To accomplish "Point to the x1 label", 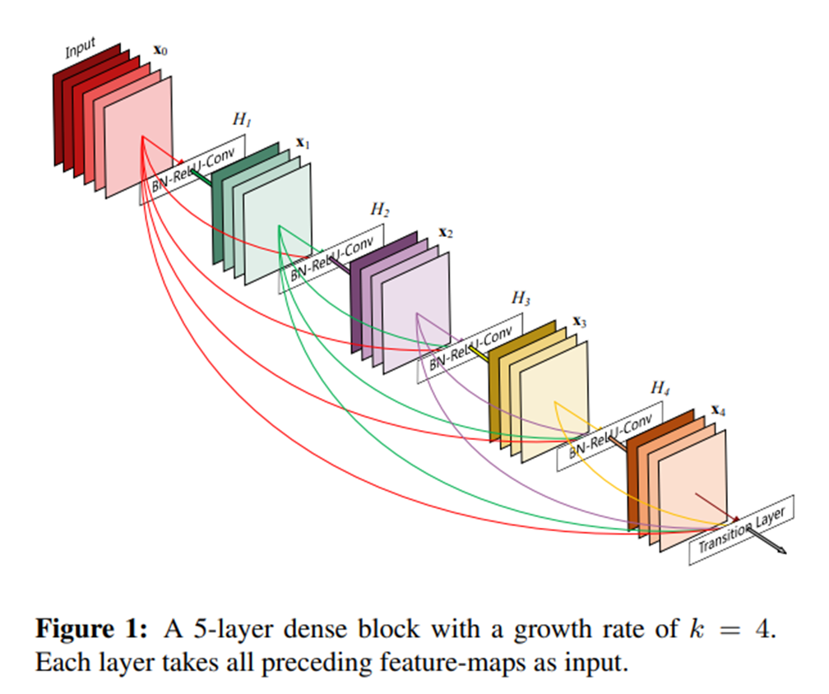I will [303, 144].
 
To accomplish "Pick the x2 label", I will [445, 233].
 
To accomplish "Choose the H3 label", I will [520, 298].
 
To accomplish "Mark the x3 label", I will [580, 322].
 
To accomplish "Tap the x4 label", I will [718, 409].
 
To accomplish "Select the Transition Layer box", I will [742, 530].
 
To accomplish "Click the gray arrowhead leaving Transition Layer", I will [782, 549].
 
